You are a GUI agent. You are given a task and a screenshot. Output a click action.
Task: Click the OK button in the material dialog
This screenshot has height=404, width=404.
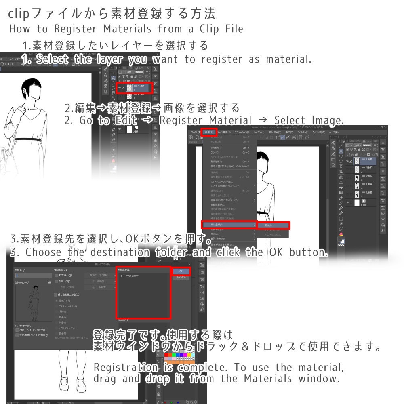tap(181, 271)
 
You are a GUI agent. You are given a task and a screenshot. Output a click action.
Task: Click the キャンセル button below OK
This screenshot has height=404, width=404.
tap(181, 278)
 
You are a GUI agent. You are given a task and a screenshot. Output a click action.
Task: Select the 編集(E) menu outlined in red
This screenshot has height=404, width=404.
tap(209, 132)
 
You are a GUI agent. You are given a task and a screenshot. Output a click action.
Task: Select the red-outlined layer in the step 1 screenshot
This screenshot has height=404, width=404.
tap(135, 87)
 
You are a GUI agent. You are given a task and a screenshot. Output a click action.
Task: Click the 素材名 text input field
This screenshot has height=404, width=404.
tap(32, 275)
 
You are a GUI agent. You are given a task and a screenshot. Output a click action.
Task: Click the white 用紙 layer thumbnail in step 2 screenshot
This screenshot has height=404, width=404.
tap(356, 202)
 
